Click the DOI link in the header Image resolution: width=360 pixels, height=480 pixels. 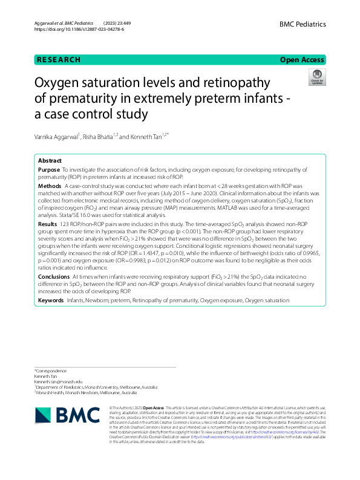(79, 29)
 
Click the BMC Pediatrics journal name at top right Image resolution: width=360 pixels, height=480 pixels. (303, 24)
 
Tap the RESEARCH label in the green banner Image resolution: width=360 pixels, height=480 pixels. (59, 60)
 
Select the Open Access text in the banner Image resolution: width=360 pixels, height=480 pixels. (302, 60)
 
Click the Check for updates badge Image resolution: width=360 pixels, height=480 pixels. (316, 77)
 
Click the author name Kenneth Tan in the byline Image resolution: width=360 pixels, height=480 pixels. (148, 137)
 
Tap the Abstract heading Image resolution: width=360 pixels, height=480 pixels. (50, 161)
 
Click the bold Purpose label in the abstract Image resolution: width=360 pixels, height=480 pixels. (48, 170)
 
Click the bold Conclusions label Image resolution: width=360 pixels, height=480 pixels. (53, 276)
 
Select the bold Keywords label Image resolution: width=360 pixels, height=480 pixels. (51, 300)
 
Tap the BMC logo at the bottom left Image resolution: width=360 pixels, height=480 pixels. (67, 415)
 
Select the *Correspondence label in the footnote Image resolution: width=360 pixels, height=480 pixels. (51, 370)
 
